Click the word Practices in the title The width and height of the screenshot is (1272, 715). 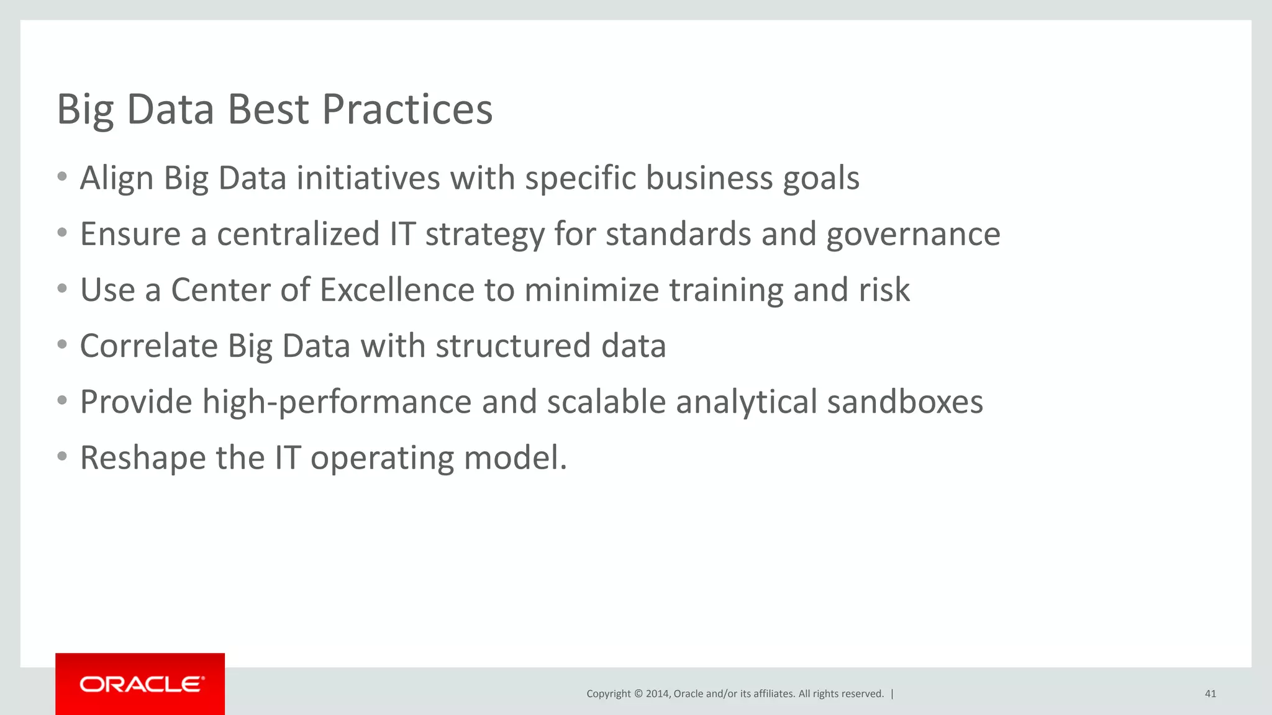click(407, 110)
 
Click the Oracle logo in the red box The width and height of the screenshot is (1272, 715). click(141, 684)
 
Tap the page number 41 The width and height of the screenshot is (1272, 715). click(1210, 694)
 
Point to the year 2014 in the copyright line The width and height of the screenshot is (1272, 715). click(657, 694)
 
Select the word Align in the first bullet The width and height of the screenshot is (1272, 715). click(117, 179)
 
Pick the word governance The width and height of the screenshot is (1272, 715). click(913, 235)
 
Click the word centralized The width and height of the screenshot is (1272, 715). click(298, 235)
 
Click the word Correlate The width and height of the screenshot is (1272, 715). click(148, 346)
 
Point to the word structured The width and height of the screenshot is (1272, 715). click(513, 346)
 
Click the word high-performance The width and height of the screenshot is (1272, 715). click(337, 402)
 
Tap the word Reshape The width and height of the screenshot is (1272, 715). click(143, 458)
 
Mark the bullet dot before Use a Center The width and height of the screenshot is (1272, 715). click(61, 289)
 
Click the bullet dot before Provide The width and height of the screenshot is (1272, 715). click(61, 400)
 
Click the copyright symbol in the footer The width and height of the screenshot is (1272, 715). click(638, 694)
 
